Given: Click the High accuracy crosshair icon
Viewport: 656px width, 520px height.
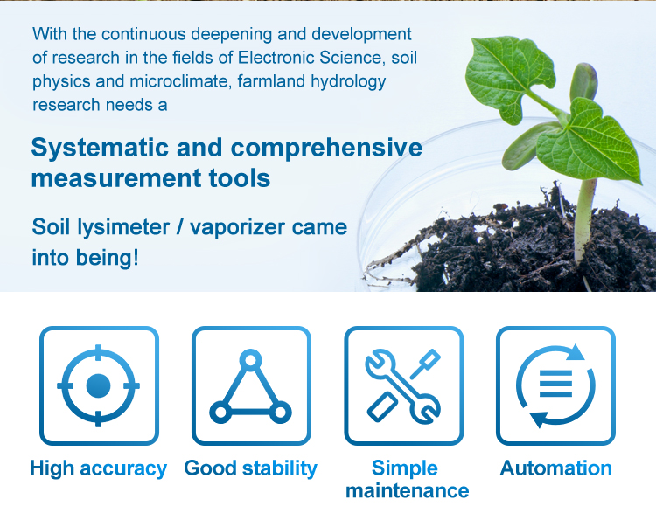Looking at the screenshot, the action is coord(99,385).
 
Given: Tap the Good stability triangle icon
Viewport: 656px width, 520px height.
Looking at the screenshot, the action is coord(251,385).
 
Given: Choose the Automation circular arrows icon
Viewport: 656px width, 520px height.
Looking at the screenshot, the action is coord(555,385).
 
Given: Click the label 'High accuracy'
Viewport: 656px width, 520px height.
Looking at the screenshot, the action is coord(98,468).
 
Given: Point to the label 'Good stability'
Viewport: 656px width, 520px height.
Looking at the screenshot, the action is coord(251,468).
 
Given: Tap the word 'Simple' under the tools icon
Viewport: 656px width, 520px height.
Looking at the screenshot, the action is coord(405,468).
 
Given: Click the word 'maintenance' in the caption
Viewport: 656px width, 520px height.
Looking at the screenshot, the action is coord(407,491).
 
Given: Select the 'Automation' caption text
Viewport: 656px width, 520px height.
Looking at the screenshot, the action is coord(556,468).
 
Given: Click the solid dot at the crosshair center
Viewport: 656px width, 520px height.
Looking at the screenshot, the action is coord(98,385).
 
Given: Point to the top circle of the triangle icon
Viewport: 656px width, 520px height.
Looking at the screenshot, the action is coord(251,359).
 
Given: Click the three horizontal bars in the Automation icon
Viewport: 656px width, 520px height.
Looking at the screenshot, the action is coord(555,384).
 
